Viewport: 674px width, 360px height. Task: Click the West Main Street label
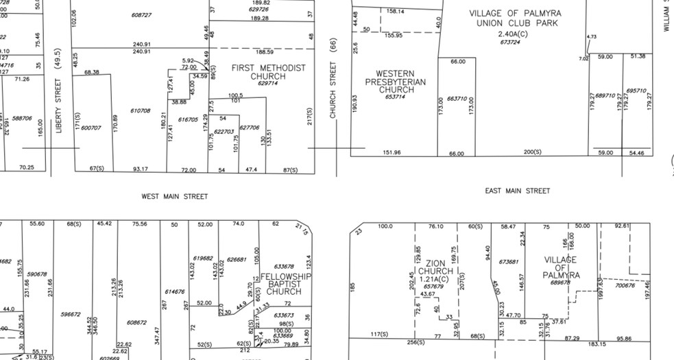(x=174, y=197)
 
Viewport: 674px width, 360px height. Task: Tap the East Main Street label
(x=517, y=191)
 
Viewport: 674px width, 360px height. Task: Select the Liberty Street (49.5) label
(x=59, y=91)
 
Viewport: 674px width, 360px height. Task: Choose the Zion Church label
(x=436, y=267)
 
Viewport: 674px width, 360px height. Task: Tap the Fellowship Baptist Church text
(x=285, y=284)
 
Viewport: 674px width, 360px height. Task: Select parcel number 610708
(x=140, y=110)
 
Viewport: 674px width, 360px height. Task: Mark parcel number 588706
(x=22, y=118)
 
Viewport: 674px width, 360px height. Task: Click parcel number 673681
(x=508, y=262)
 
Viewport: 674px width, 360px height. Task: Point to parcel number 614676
(x=175, y=291)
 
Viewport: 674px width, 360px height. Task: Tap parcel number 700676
(x=625, y=285)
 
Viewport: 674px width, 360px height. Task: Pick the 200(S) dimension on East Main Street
(x=533, y=152)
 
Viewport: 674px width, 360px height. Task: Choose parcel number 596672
(x=71, y=315)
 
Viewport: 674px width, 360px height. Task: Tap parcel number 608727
(x=141, y=14)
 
